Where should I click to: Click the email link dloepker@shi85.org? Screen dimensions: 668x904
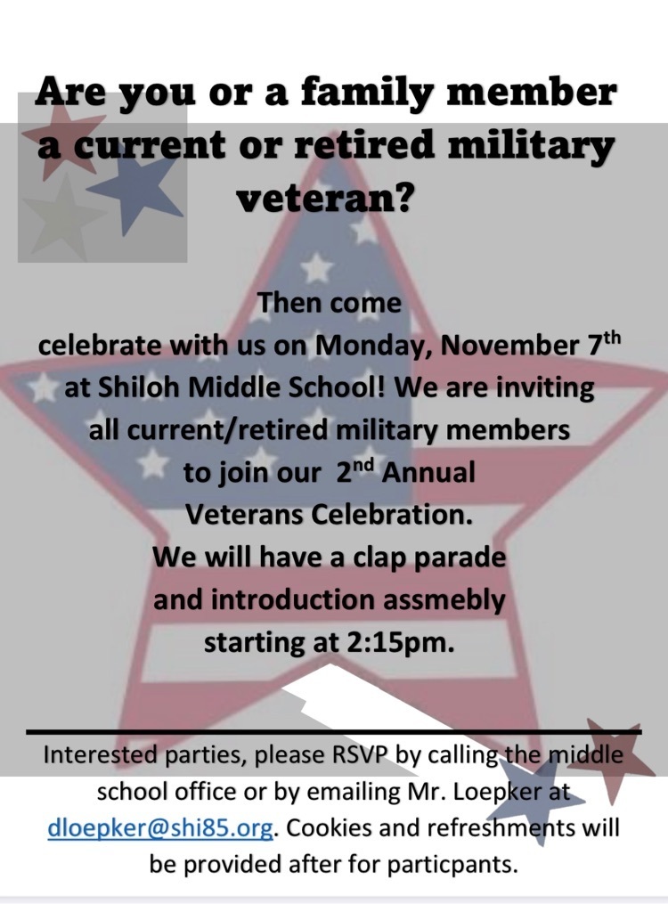pyautogui.click(x=160, y=828)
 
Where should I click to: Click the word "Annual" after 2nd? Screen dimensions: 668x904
pyautogui.click(x=428, y=472)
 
